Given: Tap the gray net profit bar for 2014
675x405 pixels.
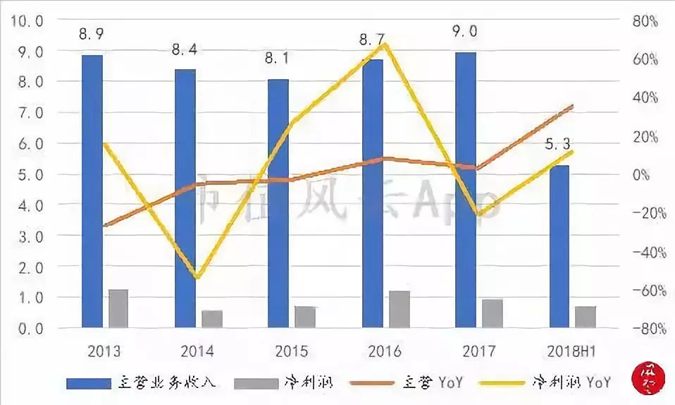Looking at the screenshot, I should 211,319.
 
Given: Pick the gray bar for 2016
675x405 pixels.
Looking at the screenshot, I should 399,309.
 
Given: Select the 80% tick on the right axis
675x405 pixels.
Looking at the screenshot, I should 644,21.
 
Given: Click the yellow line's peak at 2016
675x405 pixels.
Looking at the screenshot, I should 385,44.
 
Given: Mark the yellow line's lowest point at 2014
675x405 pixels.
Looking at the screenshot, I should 198,277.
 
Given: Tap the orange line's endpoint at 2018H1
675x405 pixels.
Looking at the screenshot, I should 572,106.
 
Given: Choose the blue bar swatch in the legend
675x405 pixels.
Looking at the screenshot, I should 88,383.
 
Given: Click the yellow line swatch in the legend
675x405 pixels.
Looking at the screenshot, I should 503,383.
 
